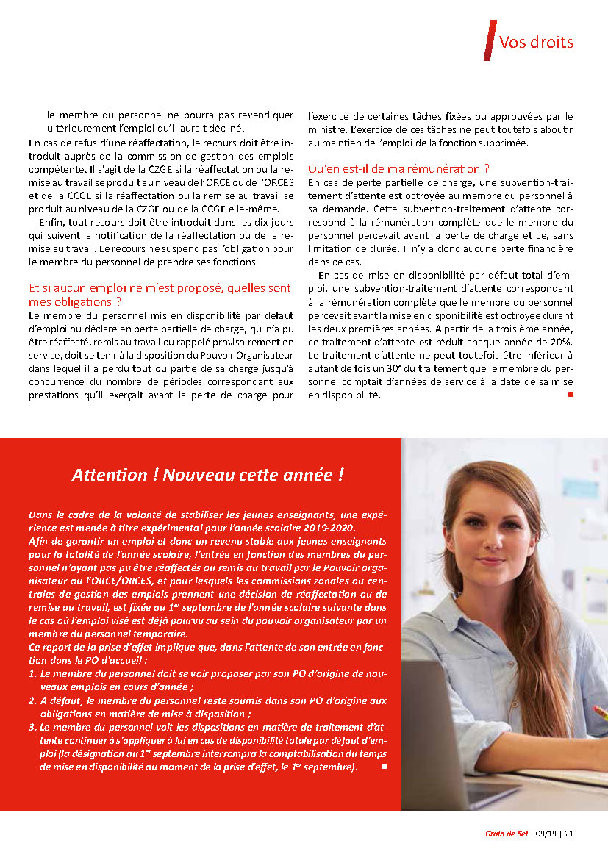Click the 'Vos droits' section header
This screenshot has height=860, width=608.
(x=536, y=42)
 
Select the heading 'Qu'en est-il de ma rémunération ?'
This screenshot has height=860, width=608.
(x=399, y=168)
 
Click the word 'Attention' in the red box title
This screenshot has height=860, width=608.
(x=109, y=475)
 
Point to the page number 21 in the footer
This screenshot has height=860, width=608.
(x=570, y=834)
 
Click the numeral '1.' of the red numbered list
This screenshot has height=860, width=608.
(x=32, y=673)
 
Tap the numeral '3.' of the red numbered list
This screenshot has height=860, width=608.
(x=32, y=728)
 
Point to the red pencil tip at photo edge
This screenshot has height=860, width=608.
(x=601, y=712)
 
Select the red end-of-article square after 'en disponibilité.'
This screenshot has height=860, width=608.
(x=571, y=395)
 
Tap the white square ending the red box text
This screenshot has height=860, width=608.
(x=383, y=767)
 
